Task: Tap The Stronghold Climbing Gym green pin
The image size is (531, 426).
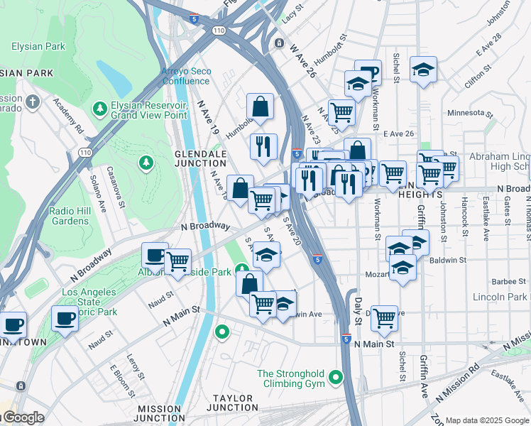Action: click(336, 378)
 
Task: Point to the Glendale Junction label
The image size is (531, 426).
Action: click(201, 158)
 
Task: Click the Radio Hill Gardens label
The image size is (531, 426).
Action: click(69, 216)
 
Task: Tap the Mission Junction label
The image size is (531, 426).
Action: click(161, 413)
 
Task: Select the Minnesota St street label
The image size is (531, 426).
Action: click(470, 113)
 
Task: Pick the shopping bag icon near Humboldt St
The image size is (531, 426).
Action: click(261, 107)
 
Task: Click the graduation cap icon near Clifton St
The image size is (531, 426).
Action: click(423, 70)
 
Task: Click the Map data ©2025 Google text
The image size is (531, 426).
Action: click(487, 420)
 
